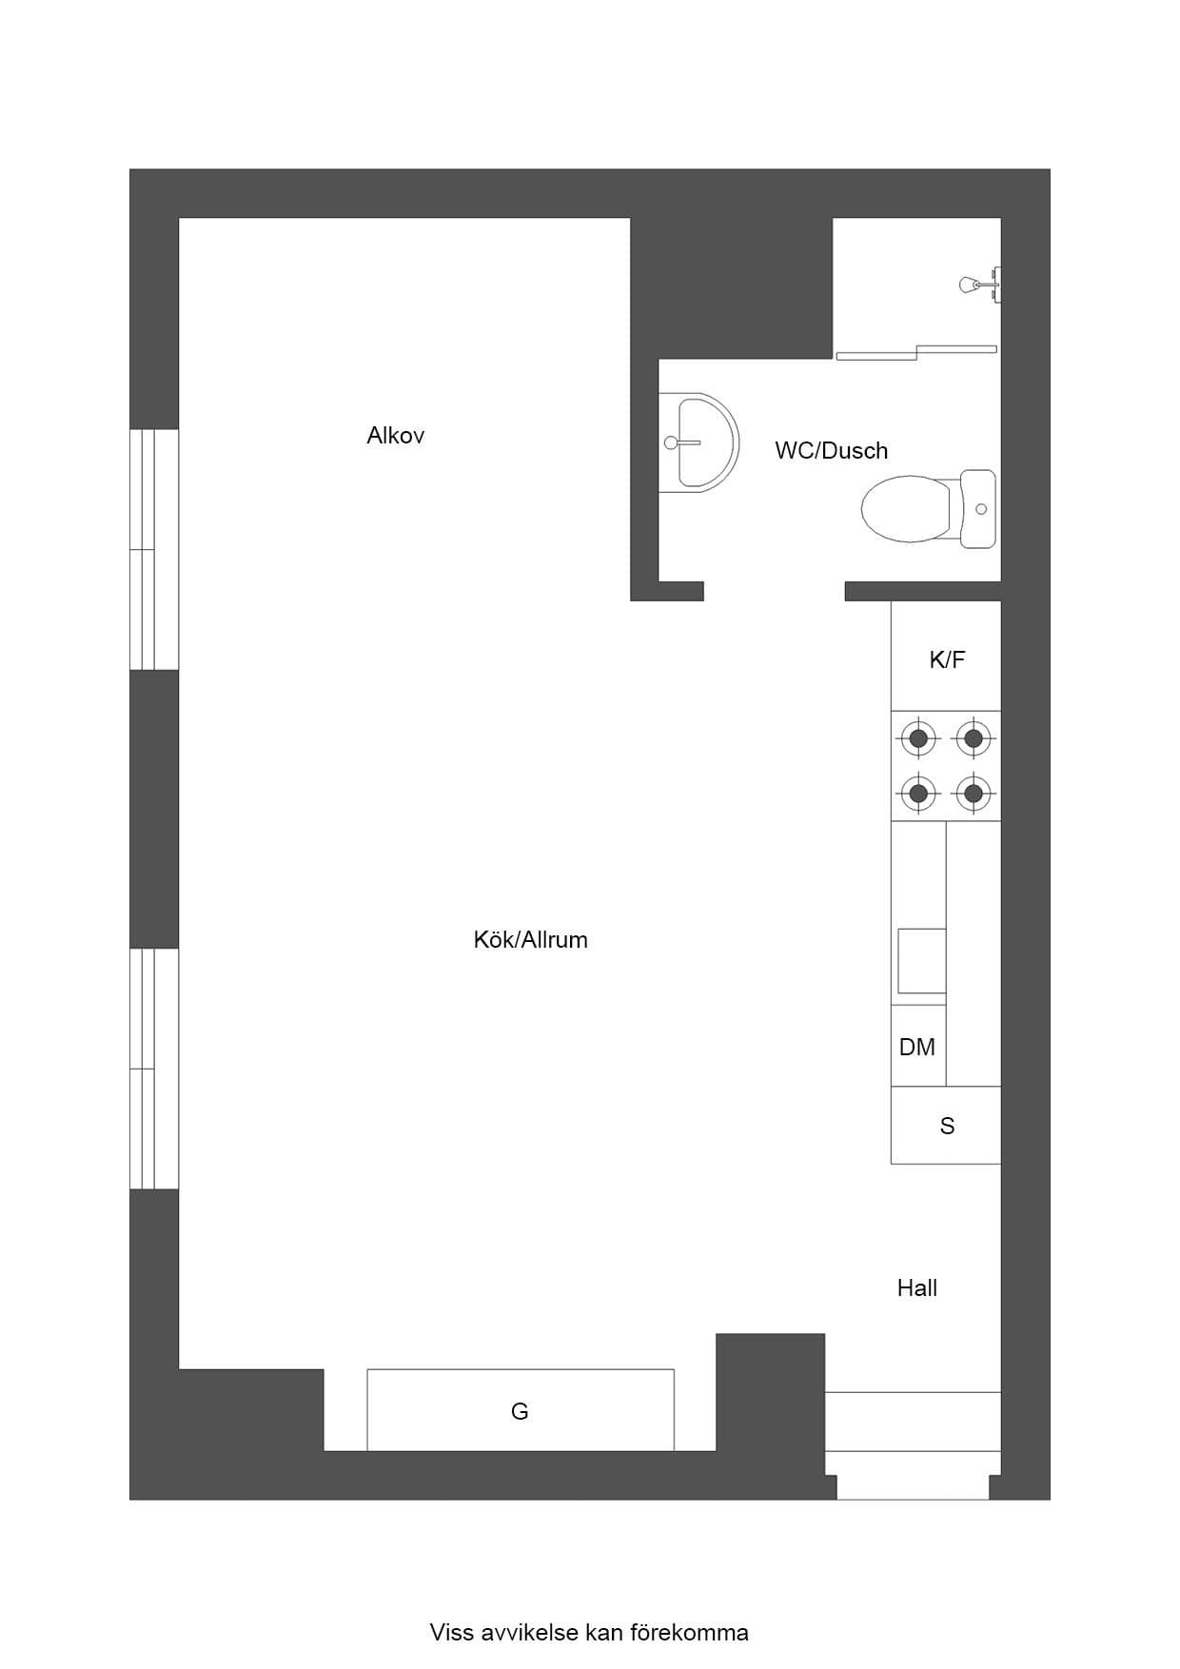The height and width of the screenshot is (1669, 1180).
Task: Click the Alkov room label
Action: coord(395,436)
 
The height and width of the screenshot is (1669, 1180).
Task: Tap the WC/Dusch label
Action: coord(831,451)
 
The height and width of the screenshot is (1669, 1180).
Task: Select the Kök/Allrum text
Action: coord(530,940)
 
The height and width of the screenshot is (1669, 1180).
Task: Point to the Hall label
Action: coord(917,1288)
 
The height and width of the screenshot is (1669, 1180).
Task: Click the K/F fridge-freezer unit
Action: coord(946,656)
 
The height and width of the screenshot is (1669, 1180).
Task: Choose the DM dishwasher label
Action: coord(917,1048)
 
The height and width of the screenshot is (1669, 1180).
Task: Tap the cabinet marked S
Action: coord(946,1125)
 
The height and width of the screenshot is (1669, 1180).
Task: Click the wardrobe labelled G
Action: coord(521,1410)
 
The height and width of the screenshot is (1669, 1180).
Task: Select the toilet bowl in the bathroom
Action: coord(907,509)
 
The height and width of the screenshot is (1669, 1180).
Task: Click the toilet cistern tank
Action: coord(978,509)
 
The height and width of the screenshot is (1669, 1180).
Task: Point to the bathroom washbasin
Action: coord(698,442)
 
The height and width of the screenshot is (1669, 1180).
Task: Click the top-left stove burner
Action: coord(918,737)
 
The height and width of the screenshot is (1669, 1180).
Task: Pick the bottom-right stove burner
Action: coord(973,792)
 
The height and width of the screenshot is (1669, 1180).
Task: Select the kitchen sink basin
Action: coord(922,961)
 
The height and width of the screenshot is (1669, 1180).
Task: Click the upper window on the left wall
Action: coord(154,549)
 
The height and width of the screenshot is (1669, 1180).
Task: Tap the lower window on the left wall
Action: coord(154,1069)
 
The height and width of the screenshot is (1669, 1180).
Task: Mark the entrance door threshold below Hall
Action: coord(913,1475)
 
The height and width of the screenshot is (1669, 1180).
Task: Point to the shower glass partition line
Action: coord(916,352)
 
